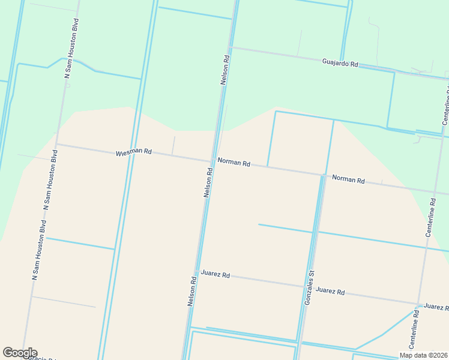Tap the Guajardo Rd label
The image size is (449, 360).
click(340, 62)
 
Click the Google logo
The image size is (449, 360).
click(20, 353)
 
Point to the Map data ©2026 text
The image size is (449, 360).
click(423, 355)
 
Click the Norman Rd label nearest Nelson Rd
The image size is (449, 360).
click(234, 162)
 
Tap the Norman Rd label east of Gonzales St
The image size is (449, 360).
click(348, 179)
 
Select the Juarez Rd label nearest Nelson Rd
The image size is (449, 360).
click(215, 275)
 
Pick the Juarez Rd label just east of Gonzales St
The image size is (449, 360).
click(330, 292)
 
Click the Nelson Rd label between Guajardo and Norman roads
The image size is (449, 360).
click(226, 70)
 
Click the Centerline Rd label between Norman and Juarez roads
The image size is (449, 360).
click(430, 217)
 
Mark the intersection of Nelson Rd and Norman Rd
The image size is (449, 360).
click(212, 160)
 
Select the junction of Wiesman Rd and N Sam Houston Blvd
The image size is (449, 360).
click(56, 144)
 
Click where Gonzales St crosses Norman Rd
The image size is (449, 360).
click(323, 175)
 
